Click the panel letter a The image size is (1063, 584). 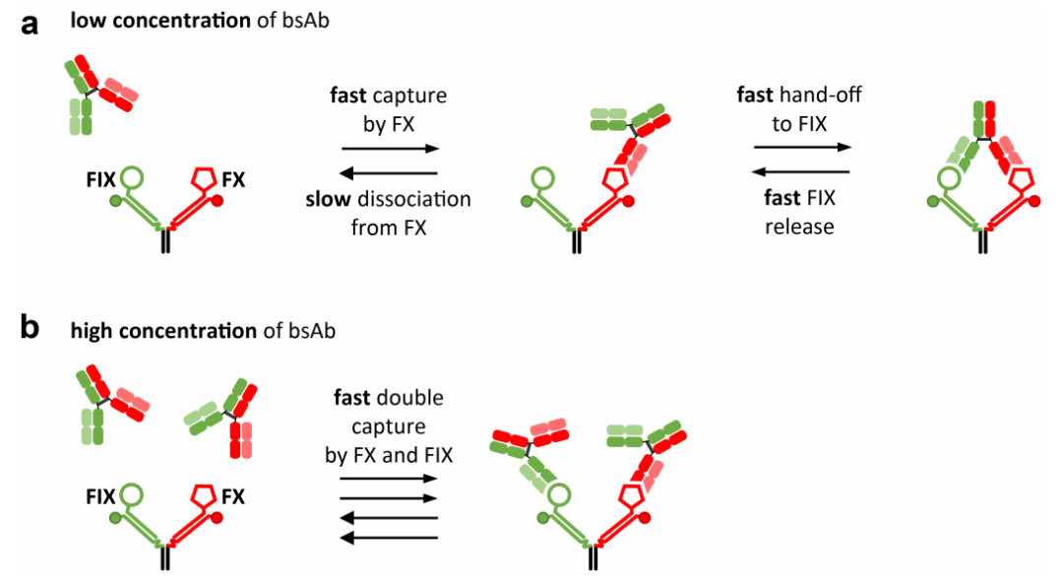click(x=30, y=25)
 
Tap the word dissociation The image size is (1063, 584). click(x=414, y=200)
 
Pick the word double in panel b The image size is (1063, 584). click(x=411, y=399)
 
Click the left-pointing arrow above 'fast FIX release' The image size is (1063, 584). click(x=800, y=171)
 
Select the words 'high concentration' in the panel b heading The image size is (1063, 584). click(x=163, y=330)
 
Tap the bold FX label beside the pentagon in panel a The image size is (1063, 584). click(x=232, y=180)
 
